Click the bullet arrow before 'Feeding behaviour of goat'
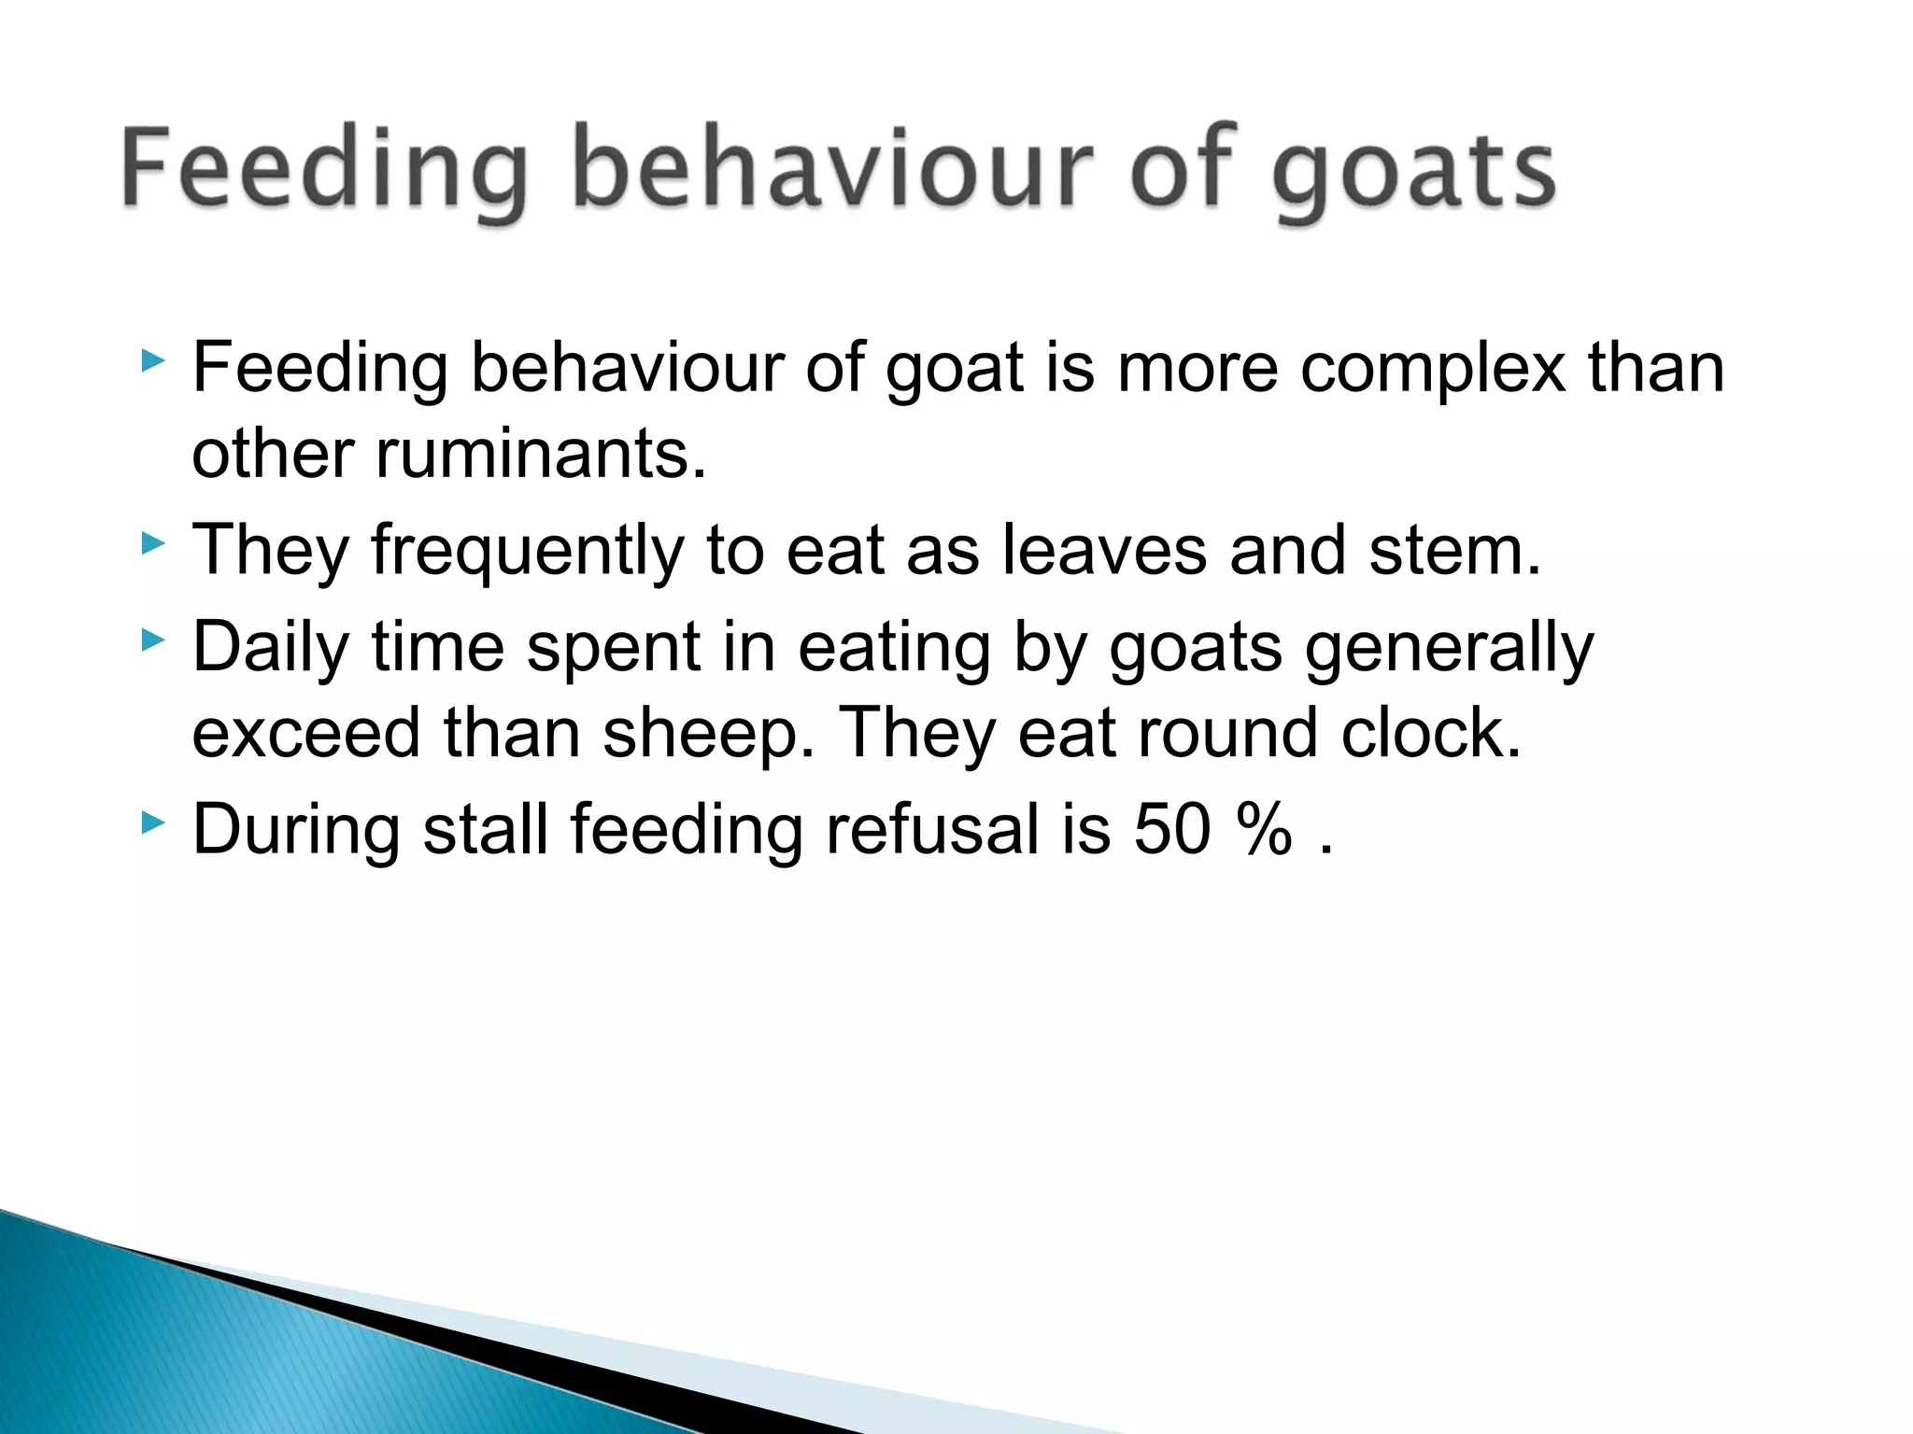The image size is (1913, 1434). click(x=153, y=360)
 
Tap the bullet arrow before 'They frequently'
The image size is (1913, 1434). click(x=153, y=542)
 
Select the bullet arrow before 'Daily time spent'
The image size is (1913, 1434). click(x=153, y=640)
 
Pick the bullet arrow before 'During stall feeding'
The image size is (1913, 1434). click(x=153, y=822)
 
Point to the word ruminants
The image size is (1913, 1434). click(x=541, y=455)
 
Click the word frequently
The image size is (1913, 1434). click(x=528, y=551)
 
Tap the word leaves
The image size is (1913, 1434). click(x=1104, y=551)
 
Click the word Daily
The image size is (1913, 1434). click(x=270, y=648)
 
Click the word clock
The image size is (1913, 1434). click(x=1431, y=734)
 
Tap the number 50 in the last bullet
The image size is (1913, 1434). click(x=1172, y=829)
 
